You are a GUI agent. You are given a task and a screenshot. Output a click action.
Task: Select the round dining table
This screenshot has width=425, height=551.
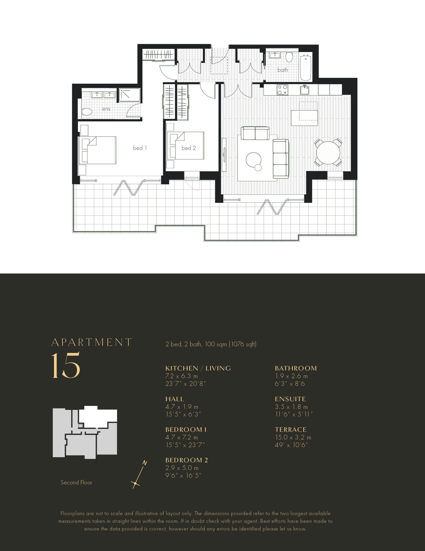point(328,153)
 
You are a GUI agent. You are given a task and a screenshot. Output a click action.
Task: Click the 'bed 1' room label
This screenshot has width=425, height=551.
point(140,148)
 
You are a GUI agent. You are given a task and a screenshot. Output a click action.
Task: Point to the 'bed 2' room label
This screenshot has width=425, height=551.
point(189,148)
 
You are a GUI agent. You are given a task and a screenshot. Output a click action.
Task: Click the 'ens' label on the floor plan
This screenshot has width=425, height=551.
point(106,109)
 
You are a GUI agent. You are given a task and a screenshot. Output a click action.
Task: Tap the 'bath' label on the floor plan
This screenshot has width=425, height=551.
point(282,70)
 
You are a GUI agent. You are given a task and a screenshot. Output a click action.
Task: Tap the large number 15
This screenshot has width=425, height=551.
point(66,365)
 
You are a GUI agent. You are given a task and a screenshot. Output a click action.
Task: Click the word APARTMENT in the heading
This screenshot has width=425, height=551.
point(92,342)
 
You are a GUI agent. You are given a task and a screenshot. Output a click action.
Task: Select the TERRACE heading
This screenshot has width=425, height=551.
point(291,430)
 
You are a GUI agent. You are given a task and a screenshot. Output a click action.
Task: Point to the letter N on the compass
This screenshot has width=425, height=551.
point(145,463)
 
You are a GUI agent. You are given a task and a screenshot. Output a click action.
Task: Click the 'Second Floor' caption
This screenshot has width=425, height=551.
point(76,482)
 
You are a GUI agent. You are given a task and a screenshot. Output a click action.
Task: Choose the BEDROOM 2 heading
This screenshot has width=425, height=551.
point(187,460)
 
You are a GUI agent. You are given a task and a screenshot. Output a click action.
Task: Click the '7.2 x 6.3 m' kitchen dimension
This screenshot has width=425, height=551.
point(182,376)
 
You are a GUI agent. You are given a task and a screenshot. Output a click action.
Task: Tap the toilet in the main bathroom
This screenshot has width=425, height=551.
point(289,57)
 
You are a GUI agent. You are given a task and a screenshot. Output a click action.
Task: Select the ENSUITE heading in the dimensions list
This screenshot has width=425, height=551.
point(290,399)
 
